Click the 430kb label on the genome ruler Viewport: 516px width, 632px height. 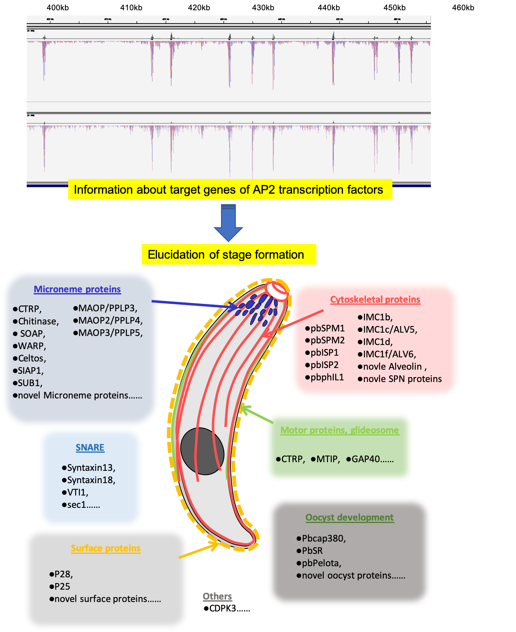tap(263, 8)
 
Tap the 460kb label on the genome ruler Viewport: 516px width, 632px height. tap(463, 8)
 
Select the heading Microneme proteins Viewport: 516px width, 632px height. tap(77, 289)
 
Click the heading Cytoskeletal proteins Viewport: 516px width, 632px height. tap(375, 300)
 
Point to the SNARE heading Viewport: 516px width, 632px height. tap(90, 448)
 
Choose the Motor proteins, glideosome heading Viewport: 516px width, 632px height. tap(339, 431)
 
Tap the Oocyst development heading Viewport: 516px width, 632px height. tap(350, 518)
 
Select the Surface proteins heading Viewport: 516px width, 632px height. tap(106, 549)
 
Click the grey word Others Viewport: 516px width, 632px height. tap(217, 597)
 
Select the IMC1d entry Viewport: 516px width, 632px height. tap(377, 342)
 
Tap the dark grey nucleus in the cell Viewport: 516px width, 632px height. tap(202, 451)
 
